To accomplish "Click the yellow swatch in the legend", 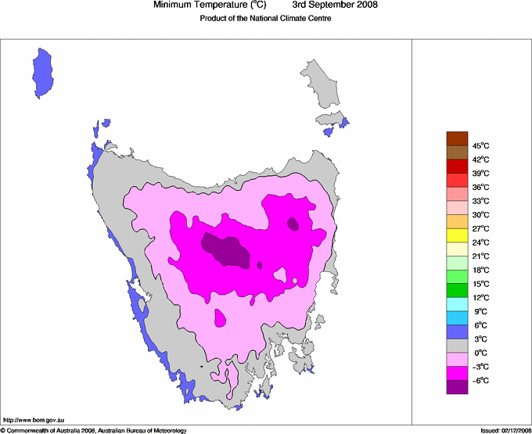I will pos(457,235).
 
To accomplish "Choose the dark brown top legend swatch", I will pos(457,138).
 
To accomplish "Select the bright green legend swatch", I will pos(457,291).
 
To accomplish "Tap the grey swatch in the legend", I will pos(457,346).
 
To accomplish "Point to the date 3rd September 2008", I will pos(340,5).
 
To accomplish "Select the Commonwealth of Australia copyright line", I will pos(94,430).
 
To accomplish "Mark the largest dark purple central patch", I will pos(227,250).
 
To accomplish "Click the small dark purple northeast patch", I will pos(293,224).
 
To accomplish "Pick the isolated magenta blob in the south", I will pos(220,317).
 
